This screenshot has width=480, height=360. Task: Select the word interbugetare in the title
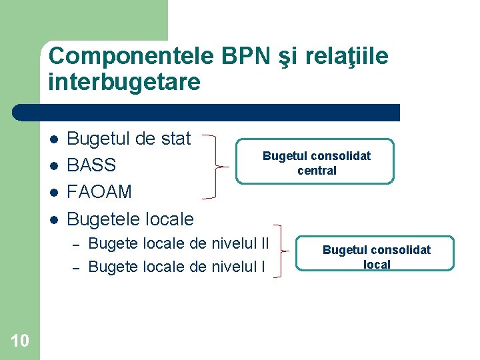[124, 82]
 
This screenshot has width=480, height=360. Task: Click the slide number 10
[20, 341]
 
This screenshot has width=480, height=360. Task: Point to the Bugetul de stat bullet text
[129, 139]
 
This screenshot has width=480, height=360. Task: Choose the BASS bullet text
[92, 165]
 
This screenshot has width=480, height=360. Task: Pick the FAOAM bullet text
[100, 192]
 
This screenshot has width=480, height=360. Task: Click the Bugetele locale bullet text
[131, 219]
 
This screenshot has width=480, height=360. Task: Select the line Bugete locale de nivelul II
[179, 243]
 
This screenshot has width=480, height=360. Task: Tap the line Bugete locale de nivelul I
[177, 267]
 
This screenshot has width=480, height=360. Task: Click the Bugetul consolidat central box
[317, 162]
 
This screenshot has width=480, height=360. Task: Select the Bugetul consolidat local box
[376, 256]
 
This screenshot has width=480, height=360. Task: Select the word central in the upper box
[317, 170]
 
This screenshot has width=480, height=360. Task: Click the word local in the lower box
[377, 265]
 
